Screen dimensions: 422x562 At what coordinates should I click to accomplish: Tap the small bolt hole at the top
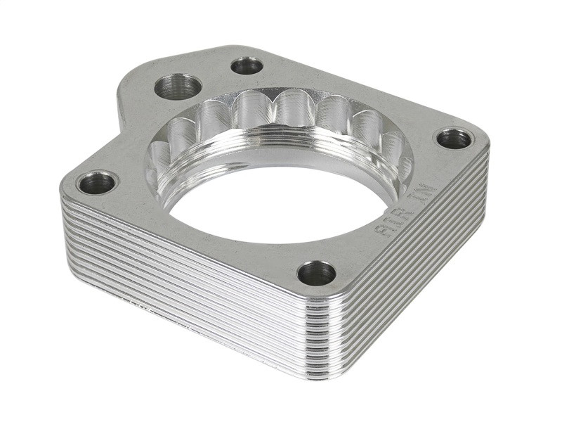[x=247, y=66]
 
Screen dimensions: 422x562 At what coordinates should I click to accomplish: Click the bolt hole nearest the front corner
[x=316, y=273]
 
